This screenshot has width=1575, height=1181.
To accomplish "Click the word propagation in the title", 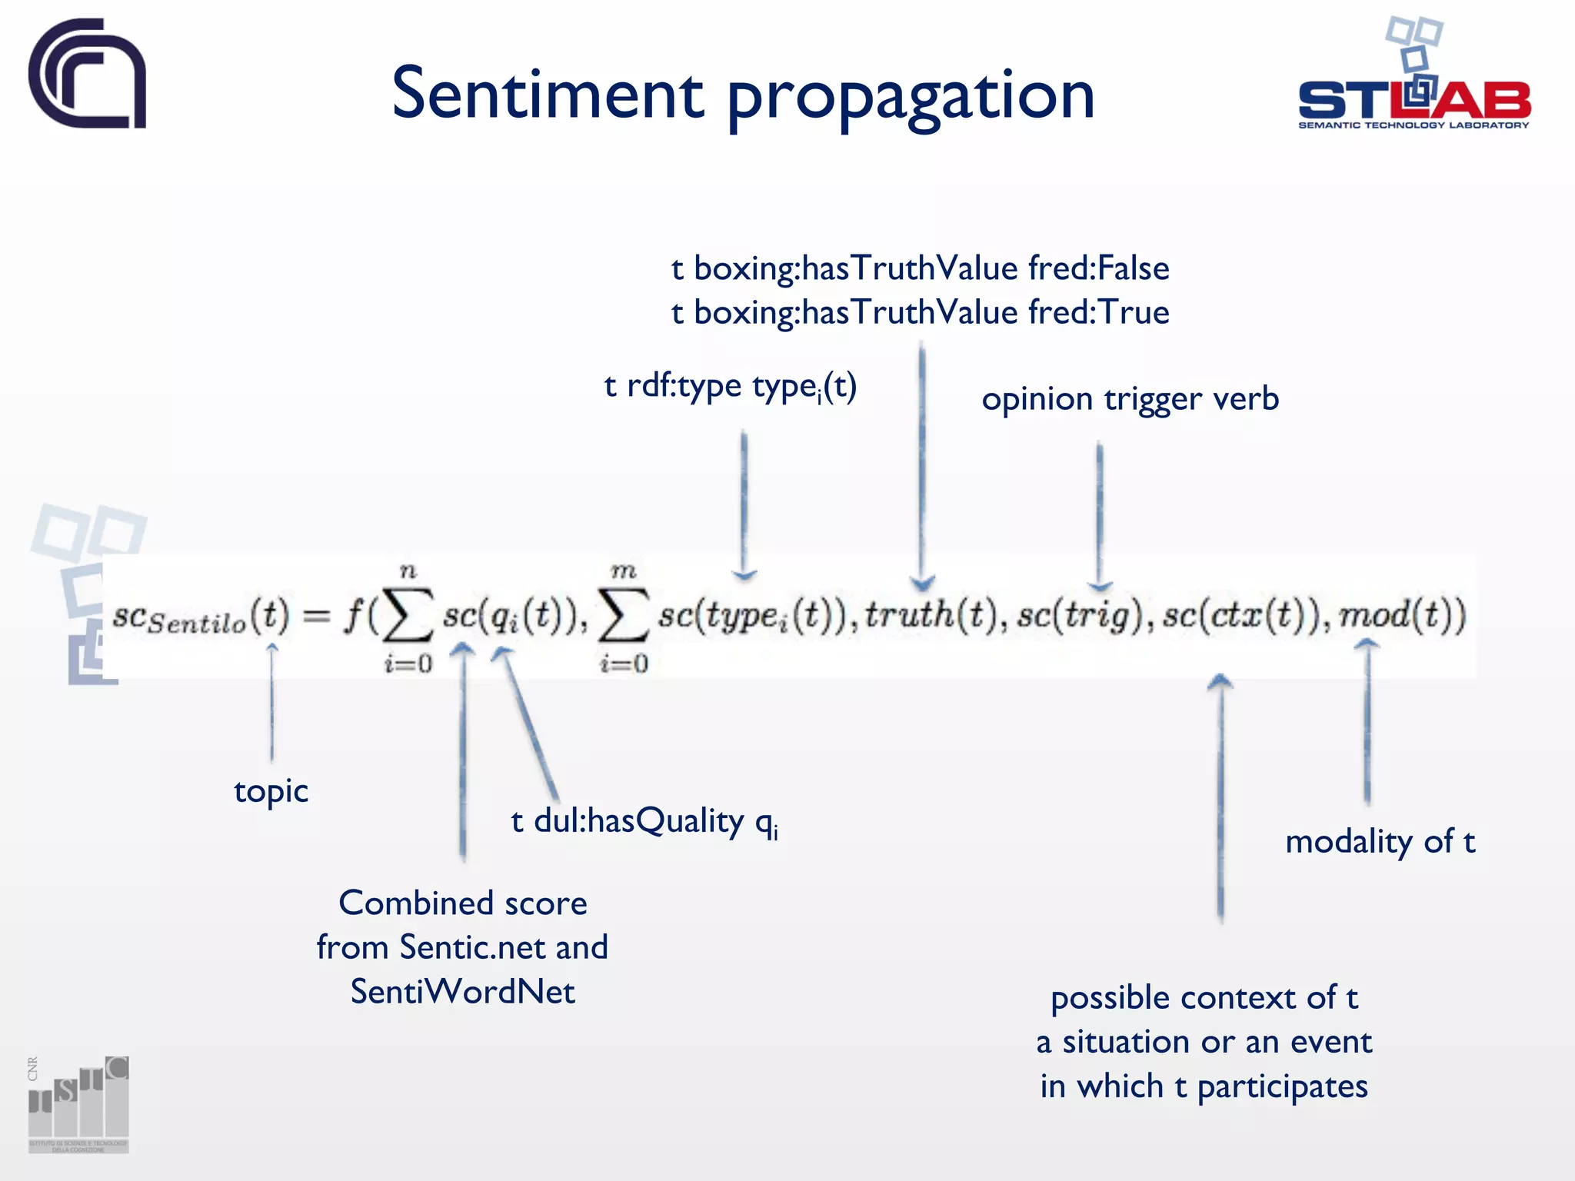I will tap(911, 97).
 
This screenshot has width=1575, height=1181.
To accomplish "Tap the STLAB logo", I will tap(1414, 77).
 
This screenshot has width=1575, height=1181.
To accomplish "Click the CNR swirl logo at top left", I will tap(87, 74).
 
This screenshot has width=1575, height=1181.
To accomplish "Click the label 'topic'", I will tap(271, 791).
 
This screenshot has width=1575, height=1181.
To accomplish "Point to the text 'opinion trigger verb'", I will tap(1130, 399).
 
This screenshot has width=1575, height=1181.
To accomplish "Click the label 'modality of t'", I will tap(1380, 841).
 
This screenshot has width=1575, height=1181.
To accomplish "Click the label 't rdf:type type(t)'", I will tap(731, 386).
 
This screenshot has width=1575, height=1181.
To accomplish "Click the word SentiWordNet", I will tap(462, 992).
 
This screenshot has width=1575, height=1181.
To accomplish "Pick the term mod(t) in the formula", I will tap(1402, 615).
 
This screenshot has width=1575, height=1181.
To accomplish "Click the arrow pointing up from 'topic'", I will tap(271, 700).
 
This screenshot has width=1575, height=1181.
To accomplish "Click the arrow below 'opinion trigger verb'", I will tap(1100, 515).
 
